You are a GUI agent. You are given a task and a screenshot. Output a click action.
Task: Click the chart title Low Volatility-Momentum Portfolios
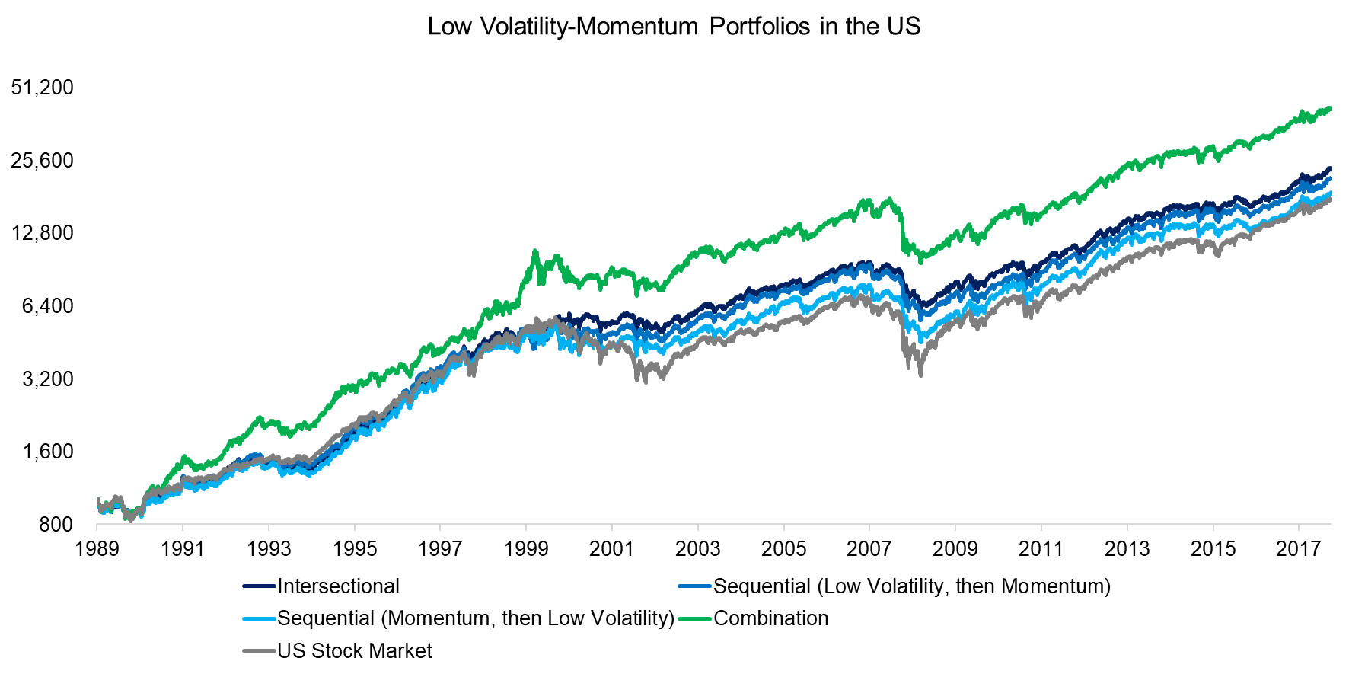[x=674, y=27]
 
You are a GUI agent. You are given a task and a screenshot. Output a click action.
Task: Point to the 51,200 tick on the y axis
[x=43, y=88]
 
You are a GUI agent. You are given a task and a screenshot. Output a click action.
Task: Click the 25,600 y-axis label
[x=43, y=161]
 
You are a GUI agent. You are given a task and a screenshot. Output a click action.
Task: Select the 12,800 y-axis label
[x=43, y=233]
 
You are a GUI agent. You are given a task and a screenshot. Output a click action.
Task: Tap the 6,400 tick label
[x=48, y=306]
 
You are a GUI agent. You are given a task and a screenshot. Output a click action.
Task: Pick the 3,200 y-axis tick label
[x=48, y=379]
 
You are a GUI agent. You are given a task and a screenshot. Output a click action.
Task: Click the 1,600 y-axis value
[x=48, y=452]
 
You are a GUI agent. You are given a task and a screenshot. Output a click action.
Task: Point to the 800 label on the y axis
[x=56, y=525]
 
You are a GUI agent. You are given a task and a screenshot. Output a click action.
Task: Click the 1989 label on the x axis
[x=97, y=549]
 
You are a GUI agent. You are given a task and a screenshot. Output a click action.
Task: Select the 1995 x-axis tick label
[x=355, y=549]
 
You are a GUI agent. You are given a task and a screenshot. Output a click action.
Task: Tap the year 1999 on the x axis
[x=526, y=549]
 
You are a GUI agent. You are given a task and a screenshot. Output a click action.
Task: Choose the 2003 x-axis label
[x=698, y=549]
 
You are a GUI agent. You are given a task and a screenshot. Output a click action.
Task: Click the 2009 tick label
[x=955, y=549]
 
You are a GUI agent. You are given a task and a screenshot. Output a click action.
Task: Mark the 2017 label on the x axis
[x=1299, y=549]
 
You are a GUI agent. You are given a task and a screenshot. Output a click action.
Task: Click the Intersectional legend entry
[x=338, y=586]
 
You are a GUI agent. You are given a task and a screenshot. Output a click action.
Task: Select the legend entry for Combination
[x=770, y=618]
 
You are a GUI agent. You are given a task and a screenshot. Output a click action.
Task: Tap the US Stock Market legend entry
[x=355, y=651]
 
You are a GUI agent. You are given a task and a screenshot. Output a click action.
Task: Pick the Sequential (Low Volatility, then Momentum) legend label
[x=912, y=586]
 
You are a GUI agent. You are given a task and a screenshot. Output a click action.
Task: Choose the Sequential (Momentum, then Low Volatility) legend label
[x=476, y=618]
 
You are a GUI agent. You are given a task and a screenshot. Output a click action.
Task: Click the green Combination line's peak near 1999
[x=535, y=251]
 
